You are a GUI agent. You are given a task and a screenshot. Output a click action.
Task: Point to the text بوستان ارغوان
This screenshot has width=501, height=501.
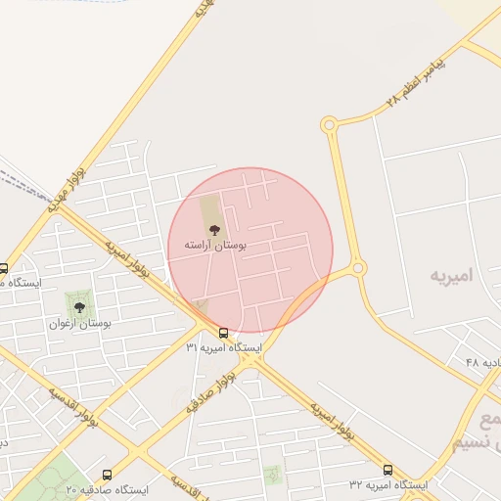tap(80, 323)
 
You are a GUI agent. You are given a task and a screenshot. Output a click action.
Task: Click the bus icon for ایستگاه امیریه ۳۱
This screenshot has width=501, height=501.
tap(224, 333)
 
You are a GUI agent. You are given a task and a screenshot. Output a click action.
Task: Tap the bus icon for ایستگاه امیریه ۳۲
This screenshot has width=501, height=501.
tap(388, 470)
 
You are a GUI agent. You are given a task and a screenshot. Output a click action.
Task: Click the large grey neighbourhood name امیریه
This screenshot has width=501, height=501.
tap(452, 277)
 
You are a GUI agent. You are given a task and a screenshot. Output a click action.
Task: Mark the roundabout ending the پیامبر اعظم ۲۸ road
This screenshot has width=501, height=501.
tap(329, 124)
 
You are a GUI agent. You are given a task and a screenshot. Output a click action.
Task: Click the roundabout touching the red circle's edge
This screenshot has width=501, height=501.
tap(358, 267)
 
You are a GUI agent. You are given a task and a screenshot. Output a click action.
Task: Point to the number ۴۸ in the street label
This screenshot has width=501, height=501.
tap(473, 363)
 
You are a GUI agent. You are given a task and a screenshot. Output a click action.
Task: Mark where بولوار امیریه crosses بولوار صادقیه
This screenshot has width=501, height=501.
tap(250, 359)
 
